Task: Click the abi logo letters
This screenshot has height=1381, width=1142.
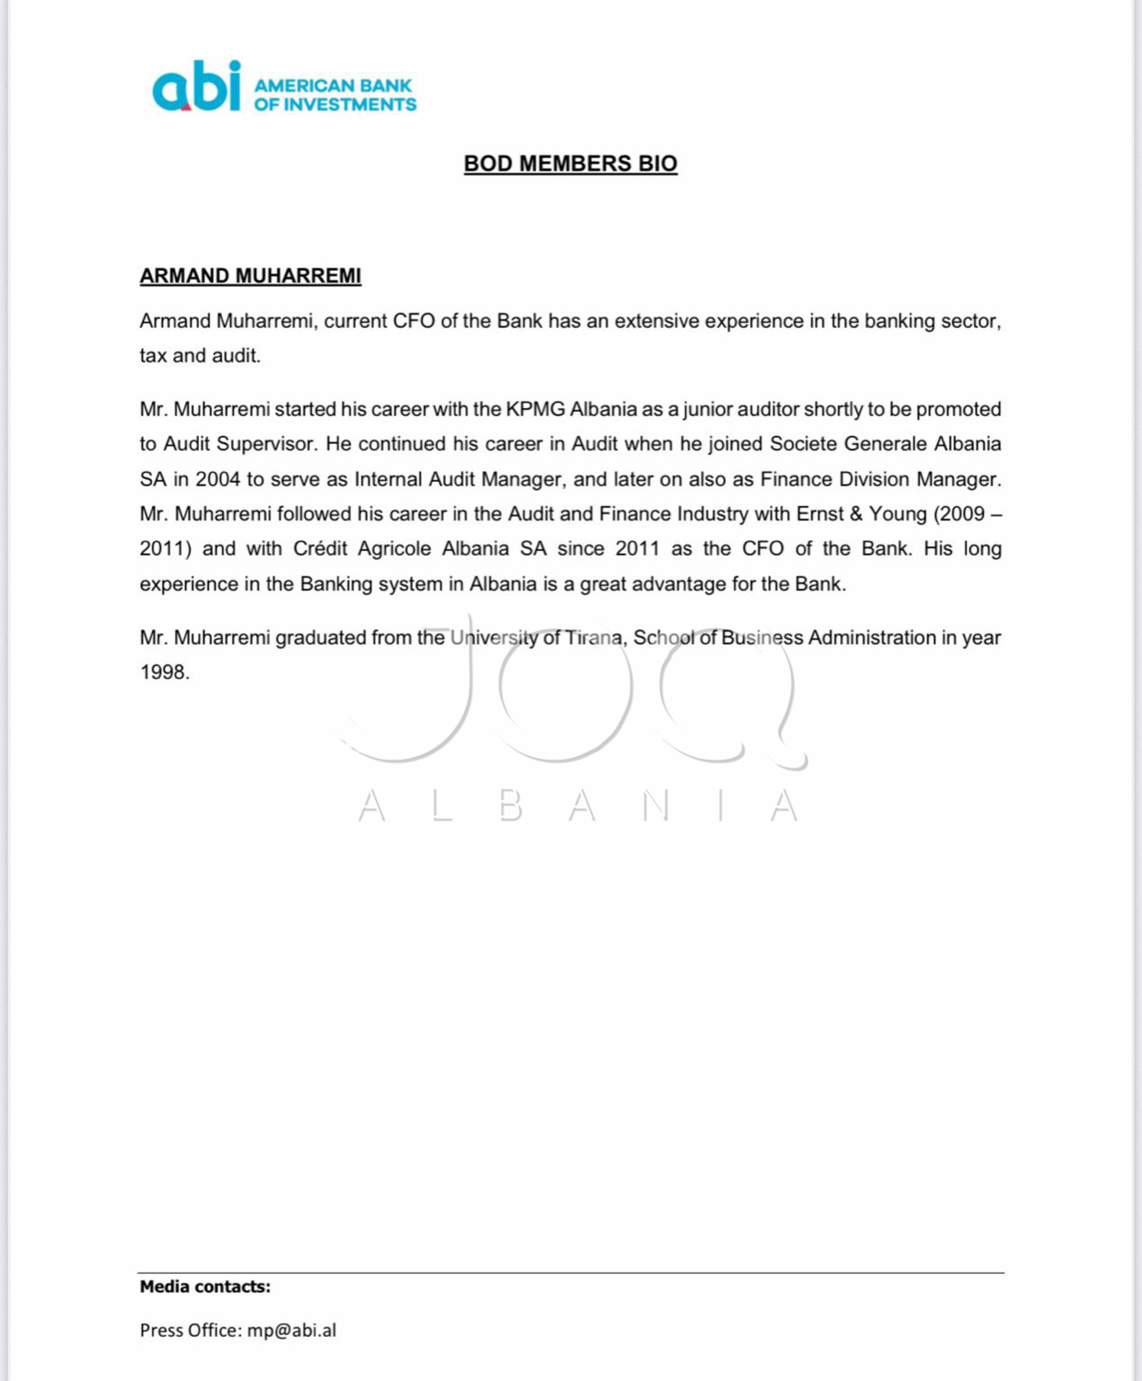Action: pos(197,87)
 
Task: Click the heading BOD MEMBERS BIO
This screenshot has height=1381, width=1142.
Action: pos(570,164)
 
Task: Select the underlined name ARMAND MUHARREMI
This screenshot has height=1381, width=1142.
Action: pos(250,276)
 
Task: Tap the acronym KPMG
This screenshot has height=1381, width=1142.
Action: pos(535,409)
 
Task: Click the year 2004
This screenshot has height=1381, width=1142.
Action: pos(218,479)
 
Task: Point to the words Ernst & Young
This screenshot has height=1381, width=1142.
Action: pos(861,514)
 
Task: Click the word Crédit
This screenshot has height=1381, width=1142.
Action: pos(320,548)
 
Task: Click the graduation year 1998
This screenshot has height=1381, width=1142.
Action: pos(164,673)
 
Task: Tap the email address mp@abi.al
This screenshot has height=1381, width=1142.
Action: pos(291,1331)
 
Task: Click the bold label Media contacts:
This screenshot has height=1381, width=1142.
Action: pos(205,1287)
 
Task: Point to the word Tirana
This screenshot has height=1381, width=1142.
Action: pos(593,638)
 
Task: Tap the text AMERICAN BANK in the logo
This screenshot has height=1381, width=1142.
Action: pos(333,85)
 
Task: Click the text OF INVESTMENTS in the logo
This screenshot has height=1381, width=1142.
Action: pos(335,105)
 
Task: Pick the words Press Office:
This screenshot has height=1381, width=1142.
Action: pos(191,1331)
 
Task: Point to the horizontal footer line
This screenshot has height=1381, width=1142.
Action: pos(570,1272)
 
